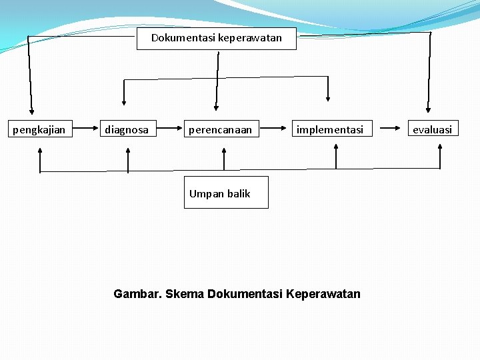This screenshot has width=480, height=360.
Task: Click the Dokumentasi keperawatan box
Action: [217, 38]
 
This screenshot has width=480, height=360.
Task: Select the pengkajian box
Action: [39, 129]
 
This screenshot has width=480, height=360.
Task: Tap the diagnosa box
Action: [127, 129]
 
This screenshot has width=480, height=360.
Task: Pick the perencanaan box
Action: [221, 129]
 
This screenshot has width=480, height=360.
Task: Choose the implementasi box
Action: [330, 129]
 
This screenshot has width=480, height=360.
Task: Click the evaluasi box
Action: [432, 129]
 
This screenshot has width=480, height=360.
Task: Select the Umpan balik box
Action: [226, 193]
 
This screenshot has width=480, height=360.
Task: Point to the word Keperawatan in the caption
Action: [322, 294]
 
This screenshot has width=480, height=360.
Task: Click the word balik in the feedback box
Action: [238, 193]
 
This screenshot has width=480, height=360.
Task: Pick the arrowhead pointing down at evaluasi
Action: [428, 109]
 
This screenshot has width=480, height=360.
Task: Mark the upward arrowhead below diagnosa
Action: [128, 152]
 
